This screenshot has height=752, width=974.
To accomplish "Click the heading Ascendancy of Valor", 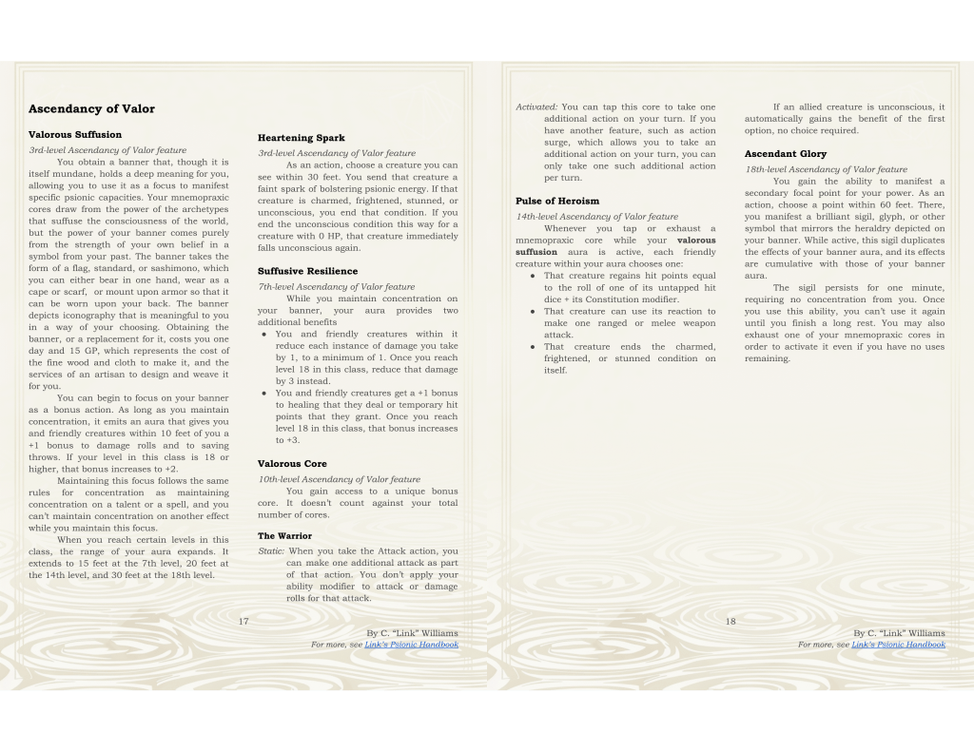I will coord(91,109).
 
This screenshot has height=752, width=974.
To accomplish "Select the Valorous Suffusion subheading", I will coord(75,135).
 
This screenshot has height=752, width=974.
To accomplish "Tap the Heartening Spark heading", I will coord(301,139).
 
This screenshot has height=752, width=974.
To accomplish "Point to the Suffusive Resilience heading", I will coord(307,271).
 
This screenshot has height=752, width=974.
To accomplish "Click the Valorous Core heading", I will coord(292,464).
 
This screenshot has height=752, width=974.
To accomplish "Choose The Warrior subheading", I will coord(284,536).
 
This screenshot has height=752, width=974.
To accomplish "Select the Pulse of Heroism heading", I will coord(557,202).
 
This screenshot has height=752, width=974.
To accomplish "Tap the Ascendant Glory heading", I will coord(786,154).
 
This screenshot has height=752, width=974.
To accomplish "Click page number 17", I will coord(243,622).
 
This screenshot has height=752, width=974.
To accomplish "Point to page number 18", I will coord(730,622).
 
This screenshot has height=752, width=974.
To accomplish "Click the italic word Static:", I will coord(272,551).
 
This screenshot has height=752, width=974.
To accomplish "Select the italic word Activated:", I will coord(536,107).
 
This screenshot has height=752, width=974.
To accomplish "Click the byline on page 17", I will coord(412,633).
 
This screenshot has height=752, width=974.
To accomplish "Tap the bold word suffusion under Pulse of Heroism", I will coord(536,252).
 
